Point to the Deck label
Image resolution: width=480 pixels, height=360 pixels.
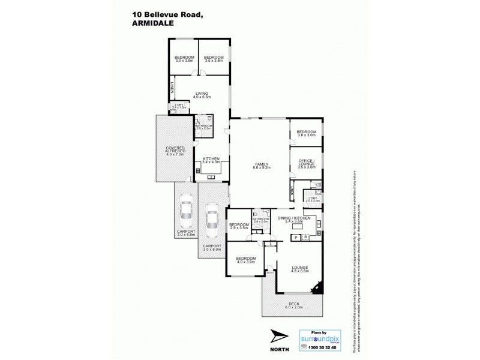coord(294,305)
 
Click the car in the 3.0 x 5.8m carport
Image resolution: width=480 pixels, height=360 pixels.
coord(185,211)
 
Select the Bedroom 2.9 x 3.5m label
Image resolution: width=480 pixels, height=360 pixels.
coord(238,226)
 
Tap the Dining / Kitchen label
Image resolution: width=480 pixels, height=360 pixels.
coord(293,220)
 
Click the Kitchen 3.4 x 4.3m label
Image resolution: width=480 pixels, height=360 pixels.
coord(211,161)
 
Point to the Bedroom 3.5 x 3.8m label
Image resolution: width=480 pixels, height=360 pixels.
coord(213,59)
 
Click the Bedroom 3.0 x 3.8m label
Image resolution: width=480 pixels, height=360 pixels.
coord(184,59)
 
